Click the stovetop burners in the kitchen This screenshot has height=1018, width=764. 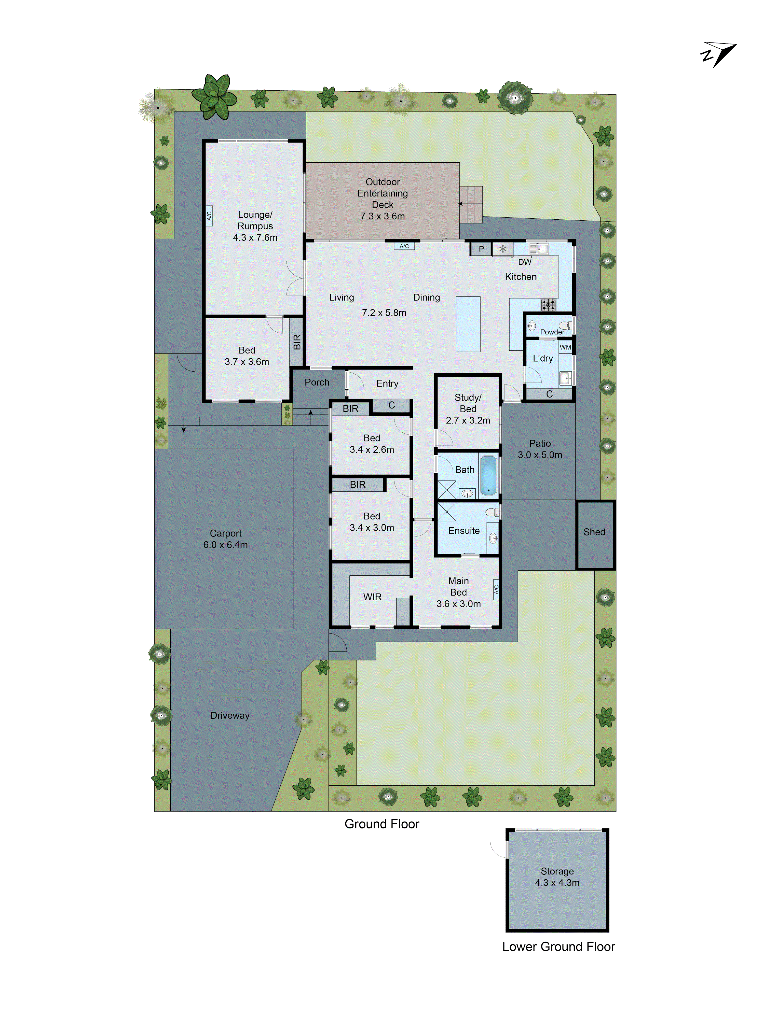(x=548, y=304)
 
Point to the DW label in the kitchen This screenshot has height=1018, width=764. (x=525, y=262)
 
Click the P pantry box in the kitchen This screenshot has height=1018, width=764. (x=481, y=249)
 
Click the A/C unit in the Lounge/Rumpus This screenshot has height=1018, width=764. (x=209, y=215)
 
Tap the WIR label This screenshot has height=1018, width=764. (x=372, y=597)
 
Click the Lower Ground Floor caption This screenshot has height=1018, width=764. (x=558, y=947)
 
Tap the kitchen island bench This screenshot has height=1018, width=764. (x=468, y=324)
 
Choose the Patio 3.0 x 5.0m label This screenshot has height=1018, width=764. (x=540, y=449)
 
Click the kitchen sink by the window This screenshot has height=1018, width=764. (x=537, y=249)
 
